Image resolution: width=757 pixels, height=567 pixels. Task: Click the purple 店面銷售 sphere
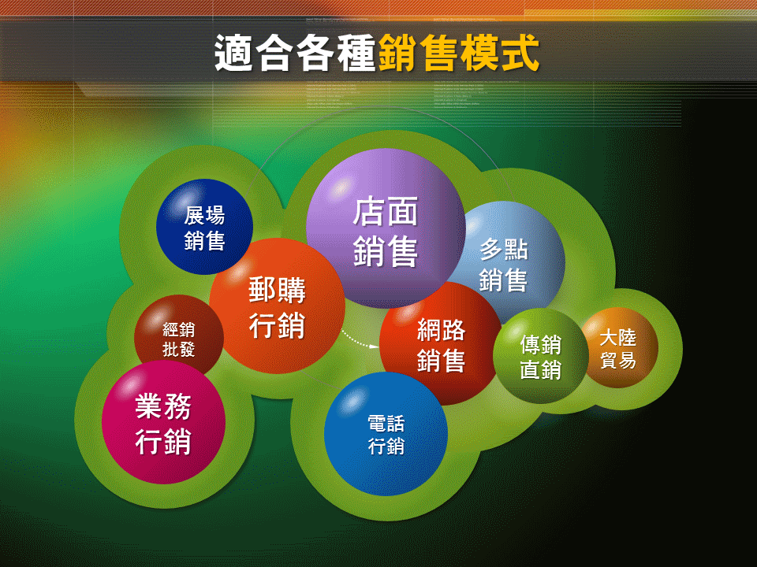(386, 228)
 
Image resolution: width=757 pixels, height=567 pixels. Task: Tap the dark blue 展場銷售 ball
(204, 227)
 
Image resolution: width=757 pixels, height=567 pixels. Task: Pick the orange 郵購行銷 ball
(277, 306)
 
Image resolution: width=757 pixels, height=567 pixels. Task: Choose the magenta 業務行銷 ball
(163, 423)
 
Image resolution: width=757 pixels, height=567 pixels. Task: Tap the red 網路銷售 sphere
(441, 345)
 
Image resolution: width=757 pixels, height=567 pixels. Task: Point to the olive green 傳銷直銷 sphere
(540, 357)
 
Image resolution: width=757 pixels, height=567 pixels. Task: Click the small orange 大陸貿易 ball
(618, 349)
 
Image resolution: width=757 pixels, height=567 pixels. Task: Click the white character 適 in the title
(234, 54)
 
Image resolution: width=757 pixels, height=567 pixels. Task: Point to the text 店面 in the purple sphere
(386, 211)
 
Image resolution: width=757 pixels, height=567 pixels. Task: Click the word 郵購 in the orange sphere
(277, 290)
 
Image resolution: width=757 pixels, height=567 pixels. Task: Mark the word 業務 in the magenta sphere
(163, 407)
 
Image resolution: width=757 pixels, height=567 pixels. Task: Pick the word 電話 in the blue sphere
(386, 424)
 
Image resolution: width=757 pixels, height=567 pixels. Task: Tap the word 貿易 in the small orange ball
(618, 360)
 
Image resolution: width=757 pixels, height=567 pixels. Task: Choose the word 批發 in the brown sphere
(179, 350)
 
